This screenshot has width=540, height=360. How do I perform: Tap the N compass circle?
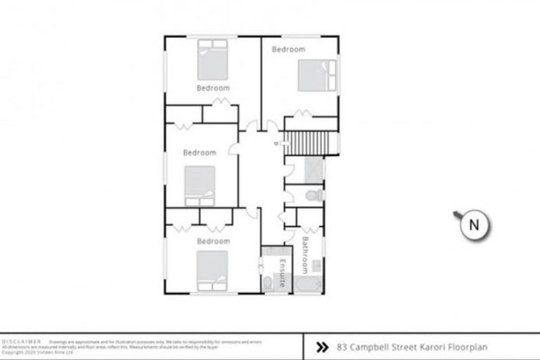pyautogui.click(x=473, y=225)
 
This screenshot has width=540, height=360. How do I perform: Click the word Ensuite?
pyautogui.click(x=282, y=271)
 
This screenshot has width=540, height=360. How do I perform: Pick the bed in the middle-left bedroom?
pyautogui.click(x=200, y=185)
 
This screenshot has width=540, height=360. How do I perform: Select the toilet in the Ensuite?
pyautogui.click(x=268, y=283)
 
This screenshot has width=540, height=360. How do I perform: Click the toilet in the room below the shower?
pyautogui.click(x=316, y=195)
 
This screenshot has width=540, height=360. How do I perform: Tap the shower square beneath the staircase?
pyautogui.click(x=310, y=169)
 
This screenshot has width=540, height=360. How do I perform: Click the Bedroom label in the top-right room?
pyautogui.click(x=288, y=49)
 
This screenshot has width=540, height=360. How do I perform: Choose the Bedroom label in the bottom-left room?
pyautogui.click(x=213, y=241)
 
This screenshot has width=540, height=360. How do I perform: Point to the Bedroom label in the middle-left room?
pyautogui.click(x=200, y=153)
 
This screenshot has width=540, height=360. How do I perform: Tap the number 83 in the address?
pyautogui.click(x=342, y=347)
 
